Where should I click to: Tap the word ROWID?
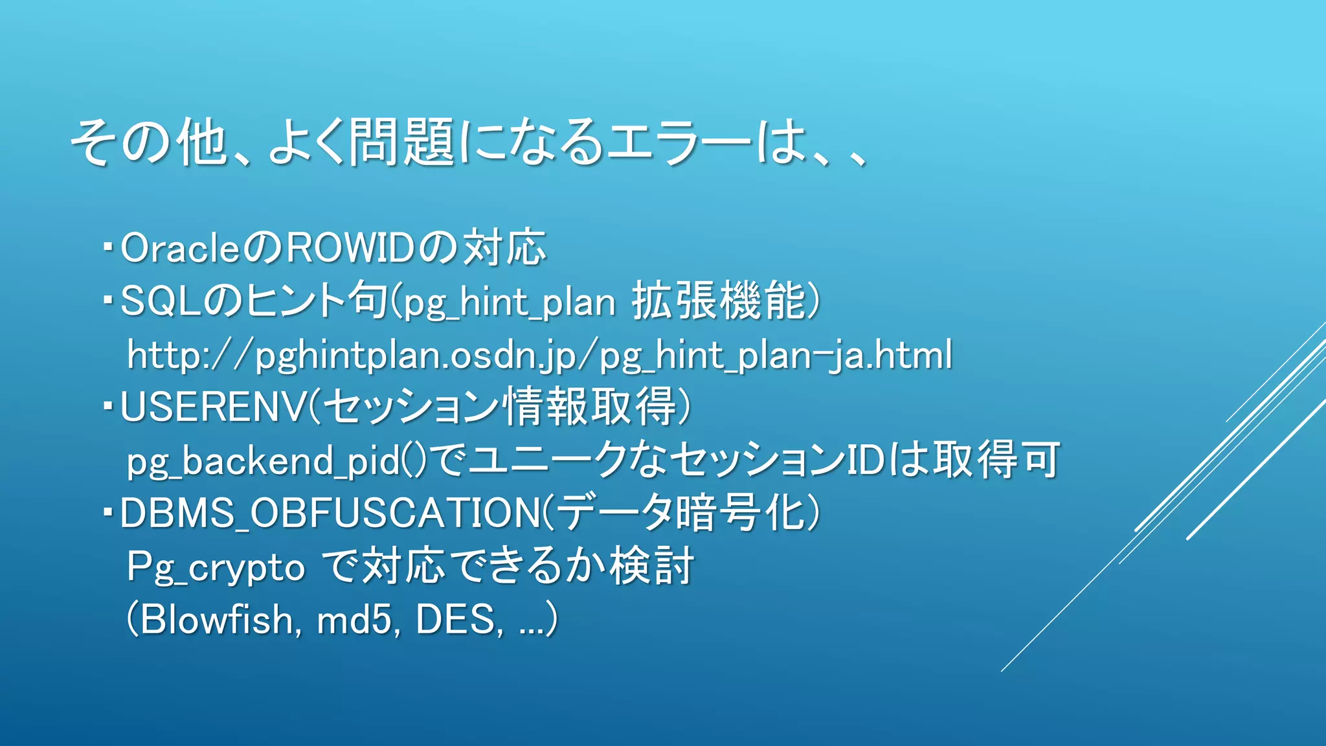350,249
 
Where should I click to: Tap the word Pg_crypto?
216,568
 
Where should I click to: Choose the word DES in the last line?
456,620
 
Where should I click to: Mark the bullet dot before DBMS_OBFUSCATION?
108,511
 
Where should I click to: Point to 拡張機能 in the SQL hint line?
719,302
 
